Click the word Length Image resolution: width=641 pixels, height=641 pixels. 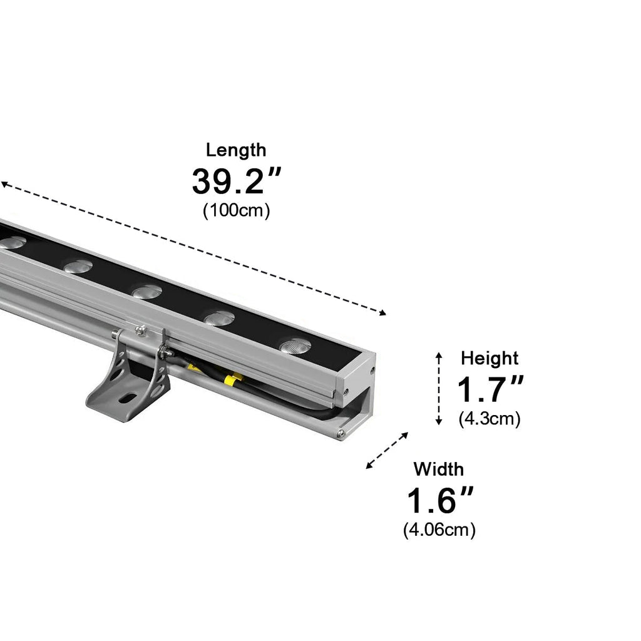236,150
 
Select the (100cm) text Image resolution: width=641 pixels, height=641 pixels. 236,210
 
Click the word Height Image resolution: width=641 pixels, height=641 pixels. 490,359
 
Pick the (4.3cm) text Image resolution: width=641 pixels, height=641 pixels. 490,418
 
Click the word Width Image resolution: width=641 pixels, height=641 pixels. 439,469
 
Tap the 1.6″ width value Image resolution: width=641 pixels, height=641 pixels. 439,501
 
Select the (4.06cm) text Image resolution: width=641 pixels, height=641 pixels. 439,530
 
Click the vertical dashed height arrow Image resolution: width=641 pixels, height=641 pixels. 439,389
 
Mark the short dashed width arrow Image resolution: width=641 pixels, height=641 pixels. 387,450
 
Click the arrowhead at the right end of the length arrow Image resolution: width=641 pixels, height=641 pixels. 383,313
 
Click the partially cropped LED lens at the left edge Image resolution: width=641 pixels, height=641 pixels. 11,242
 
